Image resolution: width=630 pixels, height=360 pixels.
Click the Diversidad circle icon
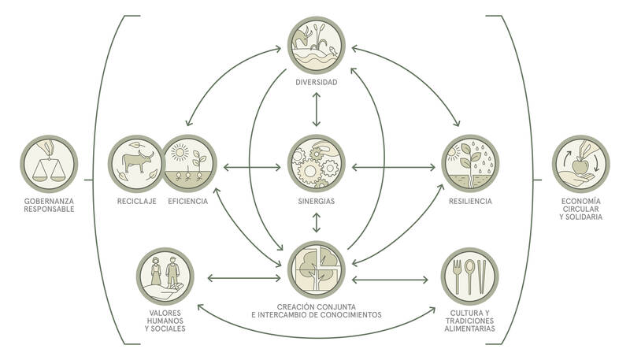(x=317, y=46)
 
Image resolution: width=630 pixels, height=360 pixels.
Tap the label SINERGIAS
(x=317, y=202)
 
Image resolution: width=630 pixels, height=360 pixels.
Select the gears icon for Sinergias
(x=317, y=164)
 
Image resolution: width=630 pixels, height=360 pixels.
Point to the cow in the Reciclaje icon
(x=137, y=160)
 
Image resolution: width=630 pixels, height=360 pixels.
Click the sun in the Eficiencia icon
(x=180, y=153)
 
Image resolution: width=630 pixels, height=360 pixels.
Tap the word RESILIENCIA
(x=470, y=202)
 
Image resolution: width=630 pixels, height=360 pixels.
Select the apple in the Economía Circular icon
(x=580, y=165)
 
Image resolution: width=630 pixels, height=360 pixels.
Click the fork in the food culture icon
(x=457, y=276)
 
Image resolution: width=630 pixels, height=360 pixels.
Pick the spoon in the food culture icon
(x=469, y=276)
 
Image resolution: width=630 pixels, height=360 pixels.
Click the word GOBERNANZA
(x=49, y=202)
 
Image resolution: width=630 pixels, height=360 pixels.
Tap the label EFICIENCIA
(x=188, y=202)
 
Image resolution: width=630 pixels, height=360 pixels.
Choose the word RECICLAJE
(x=136, y=202)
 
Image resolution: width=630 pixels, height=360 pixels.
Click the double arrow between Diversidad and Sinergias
(x=317, y=109)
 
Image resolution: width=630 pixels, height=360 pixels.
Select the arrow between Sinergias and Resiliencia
(x=394, y=167)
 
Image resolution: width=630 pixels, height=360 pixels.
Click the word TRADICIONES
(x=469, y=321)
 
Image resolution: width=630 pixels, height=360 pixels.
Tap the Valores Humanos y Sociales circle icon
(x=165, y=276)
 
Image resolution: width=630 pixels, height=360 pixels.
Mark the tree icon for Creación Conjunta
(x=317, y=270)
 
